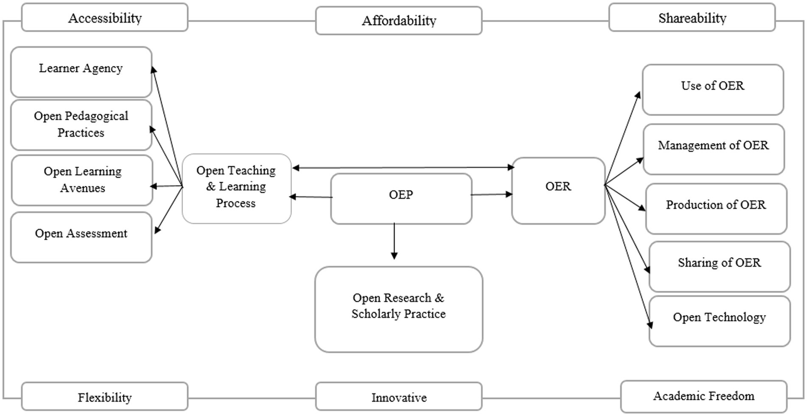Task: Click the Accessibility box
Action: (x=105, y=18)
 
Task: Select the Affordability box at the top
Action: (x=399, y=21)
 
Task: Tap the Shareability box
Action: (x=692, y=18)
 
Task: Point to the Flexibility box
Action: (x=105, y=397)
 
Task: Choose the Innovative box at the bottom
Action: (x=399, y=397)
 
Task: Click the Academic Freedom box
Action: (x=703, y=396)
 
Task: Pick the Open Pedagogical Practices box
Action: (x=81, y=125)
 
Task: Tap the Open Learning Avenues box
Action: (x=82, y=180)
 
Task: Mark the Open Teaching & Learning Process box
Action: (x=236, y=188)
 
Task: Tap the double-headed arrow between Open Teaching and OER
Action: (x=403, y=168)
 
